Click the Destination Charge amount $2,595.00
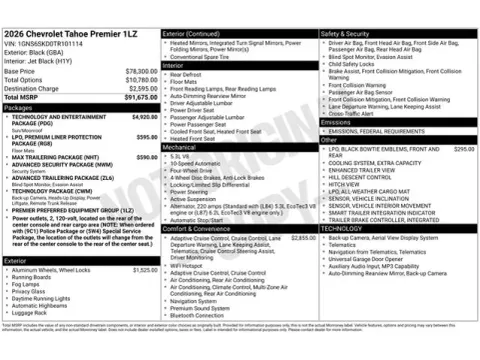[x=139, y=88]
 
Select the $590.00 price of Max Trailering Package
[x=146, y=156]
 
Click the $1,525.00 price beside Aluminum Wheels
[x=144, y=269]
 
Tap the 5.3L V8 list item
[x=180, y=156]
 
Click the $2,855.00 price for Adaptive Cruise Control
[x=302, y=238]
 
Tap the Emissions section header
[x=339, y=120]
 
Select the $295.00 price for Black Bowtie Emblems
[x=463, y=147]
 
